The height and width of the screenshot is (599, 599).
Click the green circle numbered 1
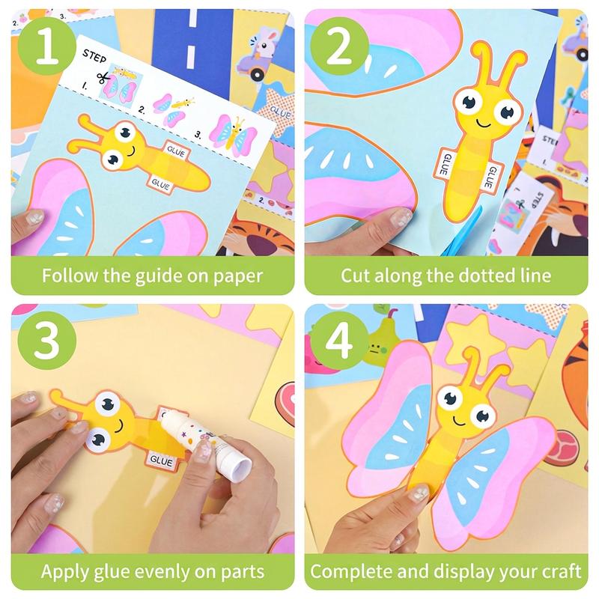[46, 46]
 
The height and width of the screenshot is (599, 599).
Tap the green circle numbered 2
[339, 46]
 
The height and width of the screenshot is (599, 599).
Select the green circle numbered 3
[46, 340]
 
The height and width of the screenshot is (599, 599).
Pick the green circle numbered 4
[339, 340]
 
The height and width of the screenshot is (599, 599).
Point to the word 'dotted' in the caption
[483, 276]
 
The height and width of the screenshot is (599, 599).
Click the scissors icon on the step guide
[102, 78]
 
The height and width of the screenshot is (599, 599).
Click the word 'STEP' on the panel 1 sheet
[94, 55]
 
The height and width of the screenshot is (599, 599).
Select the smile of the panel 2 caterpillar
[483, 124]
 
